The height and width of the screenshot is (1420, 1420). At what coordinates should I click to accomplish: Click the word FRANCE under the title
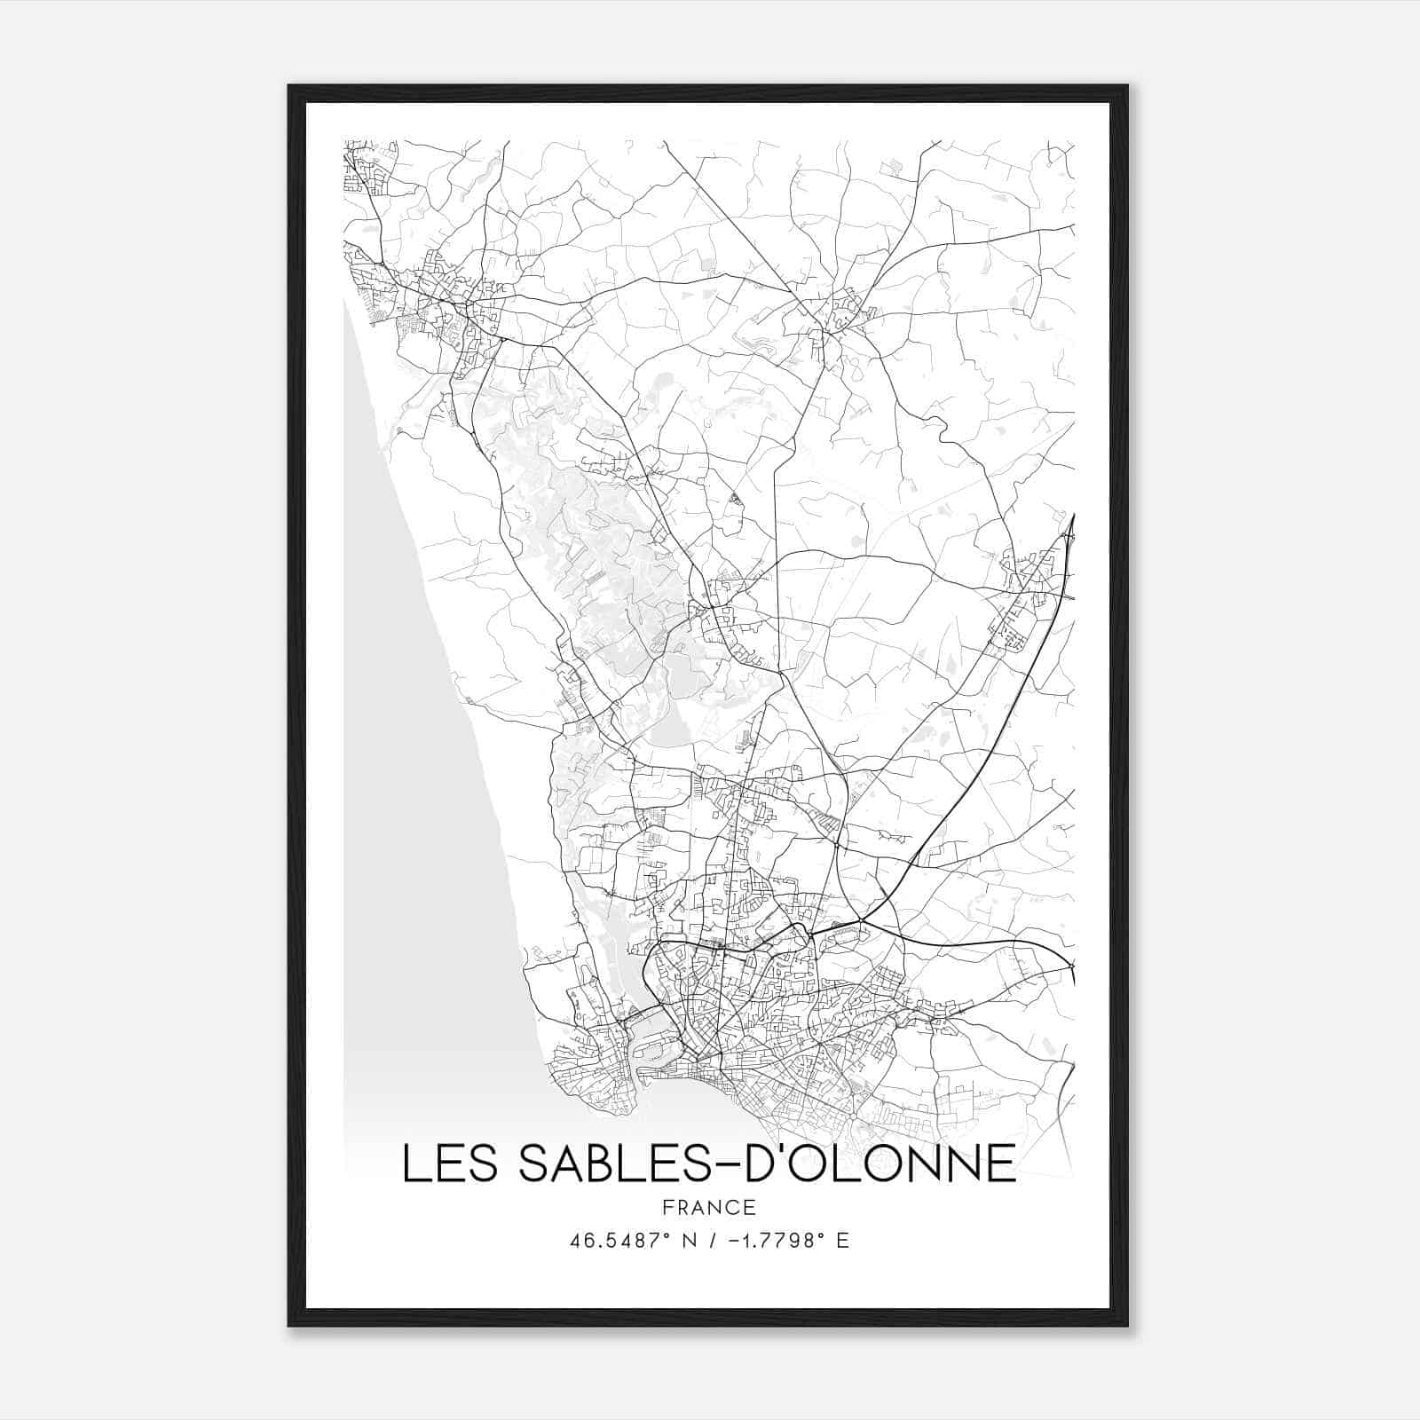(709, 1208)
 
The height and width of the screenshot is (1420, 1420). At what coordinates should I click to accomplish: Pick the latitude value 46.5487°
(620, 1241)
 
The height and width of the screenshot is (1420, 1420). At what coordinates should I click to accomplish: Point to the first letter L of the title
(414, 1164)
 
